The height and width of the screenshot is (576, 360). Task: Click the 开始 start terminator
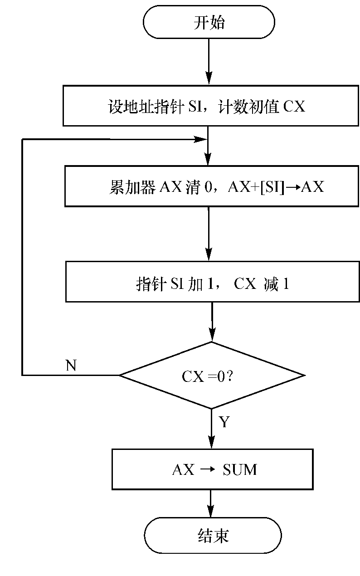209,23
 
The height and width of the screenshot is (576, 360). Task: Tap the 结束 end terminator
213,536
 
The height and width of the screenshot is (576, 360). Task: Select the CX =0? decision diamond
211,376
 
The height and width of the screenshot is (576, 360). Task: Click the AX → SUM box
212,469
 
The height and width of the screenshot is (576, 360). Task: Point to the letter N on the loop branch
71,366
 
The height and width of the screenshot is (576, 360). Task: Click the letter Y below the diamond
224,423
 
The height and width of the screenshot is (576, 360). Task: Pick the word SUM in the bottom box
239,470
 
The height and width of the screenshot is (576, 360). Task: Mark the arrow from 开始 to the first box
209,62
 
